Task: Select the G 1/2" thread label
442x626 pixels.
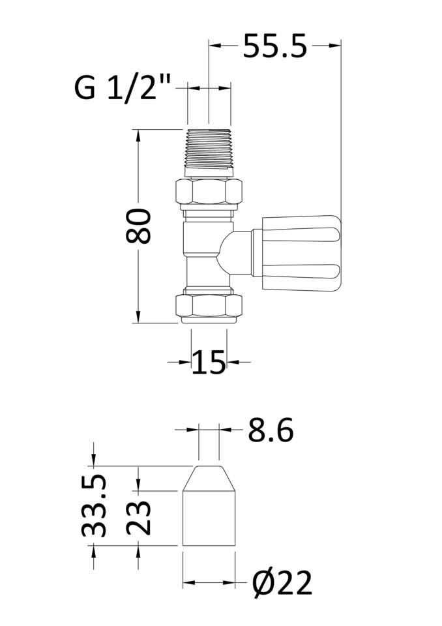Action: coord(123,88)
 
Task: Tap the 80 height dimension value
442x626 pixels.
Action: coord(139,226)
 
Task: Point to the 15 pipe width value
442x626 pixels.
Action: coord(209,363)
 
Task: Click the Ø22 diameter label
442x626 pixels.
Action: coord(282,583)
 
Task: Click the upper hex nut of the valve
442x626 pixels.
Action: coord(209,191)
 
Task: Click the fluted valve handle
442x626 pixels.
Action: coord(301,252)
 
